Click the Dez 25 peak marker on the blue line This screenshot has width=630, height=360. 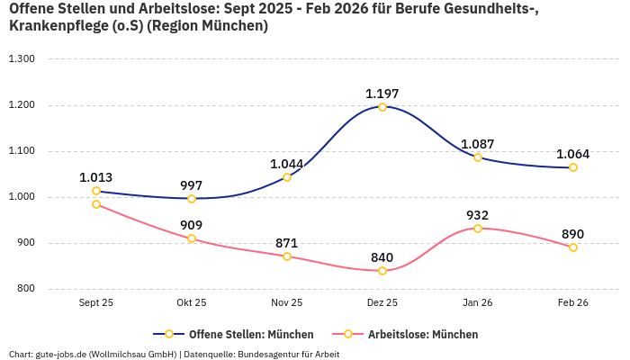382,107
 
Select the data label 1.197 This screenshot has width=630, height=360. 382,94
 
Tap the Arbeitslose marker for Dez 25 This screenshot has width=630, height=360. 382,271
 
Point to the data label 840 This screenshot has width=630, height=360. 382,257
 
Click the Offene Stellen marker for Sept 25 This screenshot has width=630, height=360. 96,191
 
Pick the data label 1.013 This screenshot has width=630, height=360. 96,177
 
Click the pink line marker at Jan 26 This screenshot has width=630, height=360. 478,229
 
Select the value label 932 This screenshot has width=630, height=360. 478,215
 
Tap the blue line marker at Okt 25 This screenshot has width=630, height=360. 192,199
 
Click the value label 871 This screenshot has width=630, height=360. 287,243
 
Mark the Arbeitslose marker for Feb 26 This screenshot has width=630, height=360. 573,247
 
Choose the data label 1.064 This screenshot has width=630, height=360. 573,154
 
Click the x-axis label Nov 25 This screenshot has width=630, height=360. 287,303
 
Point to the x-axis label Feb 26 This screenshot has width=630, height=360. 573,303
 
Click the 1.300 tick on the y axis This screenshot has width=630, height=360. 21,59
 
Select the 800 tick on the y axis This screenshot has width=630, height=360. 24,289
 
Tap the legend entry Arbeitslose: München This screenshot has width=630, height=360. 423,334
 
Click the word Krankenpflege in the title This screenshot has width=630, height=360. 54,26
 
